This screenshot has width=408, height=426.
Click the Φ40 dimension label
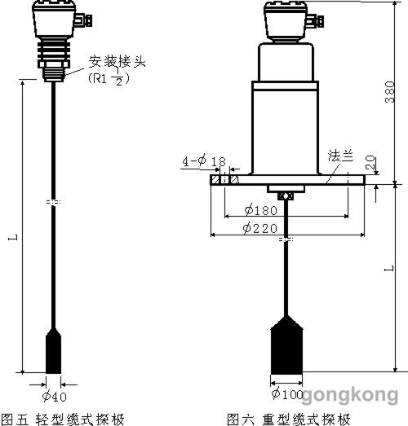pos(54,397)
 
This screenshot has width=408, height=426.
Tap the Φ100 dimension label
pos(287,394)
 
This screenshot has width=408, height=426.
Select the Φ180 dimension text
pos(261,210)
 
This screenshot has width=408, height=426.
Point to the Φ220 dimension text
pos(260,228)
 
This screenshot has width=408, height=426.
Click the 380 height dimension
pos(390,92)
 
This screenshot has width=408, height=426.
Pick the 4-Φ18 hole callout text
pos(204,161)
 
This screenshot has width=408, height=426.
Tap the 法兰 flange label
pos(340,156)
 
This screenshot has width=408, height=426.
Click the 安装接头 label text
pos(117,61)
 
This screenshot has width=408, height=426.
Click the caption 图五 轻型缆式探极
pos(63,419)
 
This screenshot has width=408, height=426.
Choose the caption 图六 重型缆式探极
pos(289,419)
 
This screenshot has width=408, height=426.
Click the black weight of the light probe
pos(53,351)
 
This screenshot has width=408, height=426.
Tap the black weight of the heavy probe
pos(286,345)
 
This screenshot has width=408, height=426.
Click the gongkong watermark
pos(350,395)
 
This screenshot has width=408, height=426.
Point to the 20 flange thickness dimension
pos(370,162)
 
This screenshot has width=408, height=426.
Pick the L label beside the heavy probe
pos(389,269)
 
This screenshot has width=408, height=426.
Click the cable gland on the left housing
pos(82,20)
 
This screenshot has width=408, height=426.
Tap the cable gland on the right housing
pos(315,21)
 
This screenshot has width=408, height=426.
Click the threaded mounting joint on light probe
pos(54,74)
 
